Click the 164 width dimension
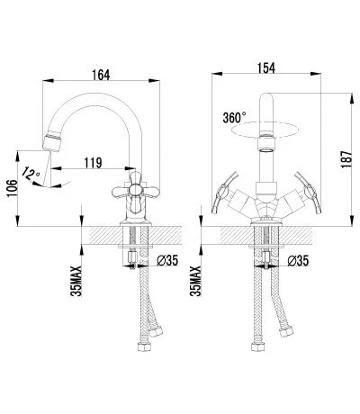point(101,75)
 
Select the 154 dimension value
point(266,67)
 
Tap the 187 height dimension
point(346,159)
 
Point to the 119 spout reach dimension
point(93,163)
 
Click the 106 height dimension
point(13,188)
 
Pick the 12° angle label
point(31,175)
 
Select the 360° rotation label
point(234,118)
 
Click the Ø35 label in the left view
point(167,260)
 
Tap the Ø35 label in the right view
point(298,261)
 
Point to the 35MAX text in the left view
point(76,281)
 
